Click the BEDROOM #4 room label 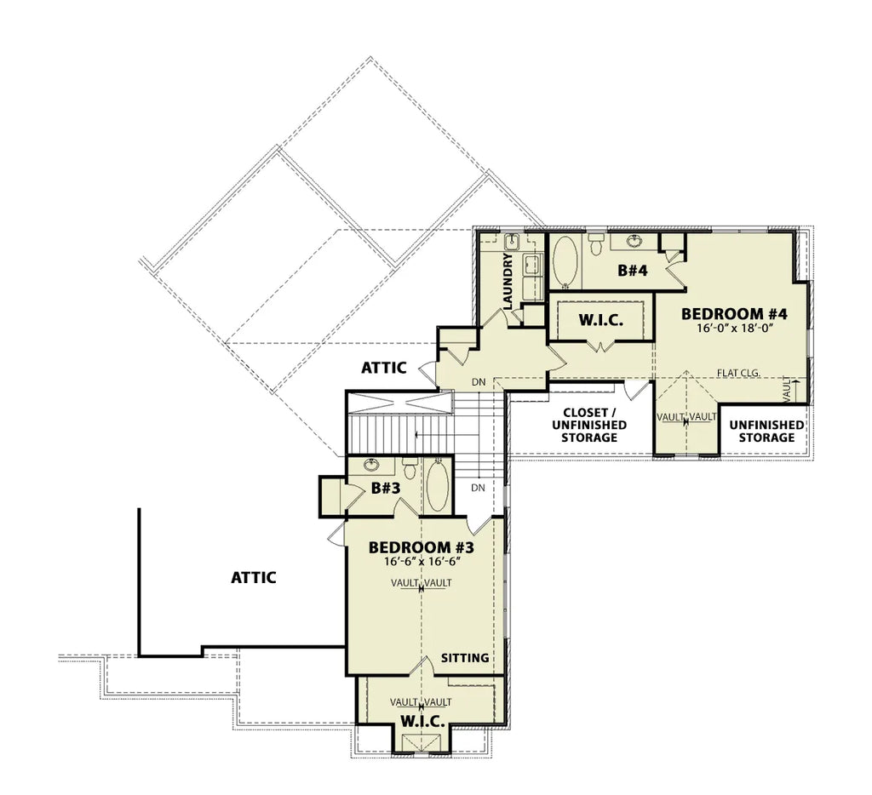(734, 314)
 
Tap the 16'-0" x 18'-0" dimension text (736, 328)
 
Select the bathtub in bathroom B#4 (565, 262)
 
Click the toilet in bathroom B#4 (595, 243)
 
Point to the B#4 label (633, 271)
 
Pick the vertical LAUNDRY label (508, 281)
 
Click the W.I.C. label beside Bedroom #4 (600, 320)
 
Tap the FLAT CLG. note (738, 373)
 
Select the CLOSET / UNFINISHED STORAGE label (589, 426)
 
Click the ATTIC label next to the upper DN (384, 368)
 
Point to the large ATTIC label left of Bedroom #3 (254, 578)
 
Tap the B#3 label (386, 489)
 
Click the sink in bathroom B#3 (371, 465)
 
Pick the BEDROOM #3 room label (421, 548)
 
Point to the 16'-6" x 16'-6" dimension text (422, 562)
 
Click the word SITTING (465, 658)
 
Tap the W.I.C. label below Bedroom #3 (422, 722)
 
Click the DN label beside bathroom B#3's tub (479, 488)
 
